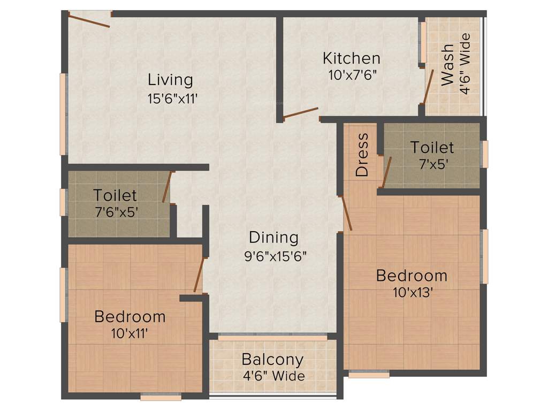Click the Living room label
170,80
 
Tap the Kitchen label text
352,58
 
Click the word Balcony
272,359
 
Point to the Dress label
362,155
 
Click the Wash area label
447,65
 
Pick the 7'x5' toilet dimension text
432,164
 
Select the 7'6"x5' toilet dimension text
115,212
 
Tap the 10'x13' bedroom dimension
411,293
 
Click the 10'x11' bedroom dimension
130,333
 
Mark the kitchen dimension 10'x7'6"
353,75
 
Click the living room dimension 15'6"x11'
170,98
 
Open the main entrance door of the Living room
89,21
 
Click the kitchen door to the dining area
301,112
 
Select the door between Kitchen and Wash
428,86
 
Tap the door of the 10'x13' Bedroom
346,213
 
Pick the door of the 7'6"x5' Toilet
168,187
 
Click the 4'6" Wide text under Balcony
273,376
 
